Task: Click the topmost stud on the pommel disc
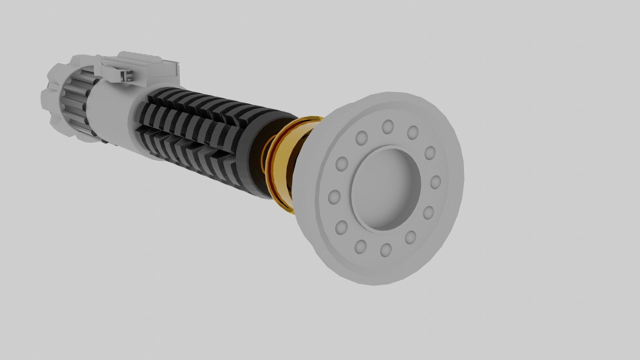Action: [388, 127]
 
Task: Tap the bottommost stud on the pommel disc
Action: [386, 249]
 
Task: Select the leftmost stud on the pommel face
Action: [334, 197]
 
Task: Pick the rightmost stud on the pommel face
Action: [435, 182]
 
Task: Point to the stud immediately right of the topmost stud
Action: [413, 133]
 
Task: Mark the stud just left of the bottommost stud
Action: [361, 246]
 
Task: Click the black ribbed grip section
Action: [193, 127]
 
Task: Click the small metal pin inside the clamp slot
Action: [126, 76]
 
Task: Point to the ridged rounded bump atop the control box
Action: [140, 56]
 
